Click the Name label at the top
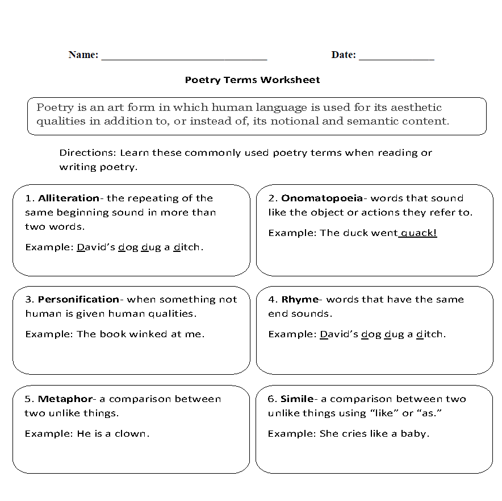[83, 55]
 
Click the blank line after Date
[396, 57]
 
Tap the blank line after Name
[184, 57]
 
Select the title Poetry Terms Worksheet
[252, 80]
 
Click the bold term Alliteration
[68, 198]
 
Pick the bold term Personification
[78, 299]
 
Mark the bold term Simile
[296, 399]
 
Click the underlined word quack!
[419, 233]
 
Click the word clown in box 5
[133, 433]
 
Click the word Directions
[87, 153]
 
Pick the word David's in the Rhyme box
[338, 334]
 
